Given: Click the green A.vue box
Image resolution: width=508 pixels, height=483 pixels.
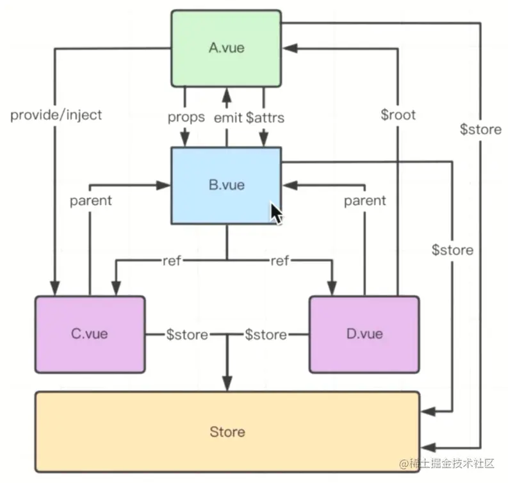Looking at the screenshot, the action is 226,49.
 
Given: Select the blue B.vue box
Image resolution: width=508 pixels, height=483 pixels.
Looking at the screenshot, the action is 226,186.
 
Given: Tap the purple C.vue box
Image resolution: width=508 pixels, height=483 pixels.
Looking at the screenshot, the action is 90,334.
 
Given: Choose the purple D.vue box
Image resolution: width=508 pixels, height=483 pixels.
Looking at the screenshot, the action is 365,334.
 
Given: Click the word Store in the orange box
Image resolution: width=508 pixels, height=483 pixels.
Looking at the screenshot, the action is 227,432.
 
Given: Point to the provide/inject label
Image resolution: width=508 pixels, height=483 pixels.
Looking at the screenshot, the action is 56,115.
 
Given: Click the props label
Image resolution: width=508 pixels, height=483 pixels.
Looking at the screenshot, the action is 186,117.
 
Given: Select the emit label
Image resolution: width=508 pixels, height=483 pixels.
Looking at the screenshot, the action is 228,118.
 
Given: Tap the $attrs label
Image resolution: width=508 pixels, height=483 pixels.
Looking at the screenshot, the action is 265,118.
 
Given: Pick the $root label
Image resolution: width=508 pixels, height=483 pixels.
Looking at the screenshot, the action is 398,115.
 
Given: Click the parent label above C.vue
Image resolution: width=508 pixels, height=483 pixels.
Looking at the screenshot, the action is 91,201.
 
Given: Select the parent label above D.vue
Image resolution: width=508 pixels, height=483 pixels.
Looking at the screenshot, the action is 365,201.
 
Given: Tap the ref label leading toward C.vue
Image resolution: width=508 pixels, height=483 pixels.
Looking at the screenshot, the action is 172,260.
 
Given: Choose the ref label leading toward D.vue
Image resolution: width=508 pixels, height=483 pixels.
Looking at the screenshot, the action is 279,260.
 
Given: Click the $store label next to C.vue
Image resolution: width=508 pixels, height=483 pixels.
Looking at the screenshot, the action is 187,334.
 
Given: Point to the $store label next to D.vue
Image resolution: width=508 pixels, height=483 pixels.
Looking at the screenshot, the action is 266,334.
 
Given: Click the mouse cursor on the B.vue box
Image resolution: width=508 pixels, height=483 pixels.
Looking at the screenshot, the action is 276,213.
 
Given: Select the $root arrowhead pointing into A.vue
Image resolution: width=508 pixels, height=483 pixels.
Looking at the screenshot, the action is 290,49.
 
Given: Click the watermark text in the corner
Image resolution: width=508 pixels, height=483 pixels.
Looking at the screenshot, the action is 447,464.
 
